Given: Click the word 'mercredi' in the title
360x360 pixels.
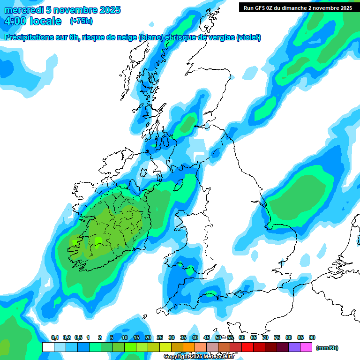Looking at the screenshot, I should pyautogui.click(x=24, y=10).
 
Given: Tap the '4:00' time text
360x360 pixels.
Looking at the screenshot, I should pyautogui.click(x=15, y=21).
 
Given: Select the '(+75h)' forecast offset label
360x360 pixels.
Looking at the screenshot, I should pyautogui.click(x=81, y=21).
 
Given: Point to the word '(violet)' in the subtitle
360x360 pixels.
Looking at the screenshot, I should pyautogui.click(x=248, y=37).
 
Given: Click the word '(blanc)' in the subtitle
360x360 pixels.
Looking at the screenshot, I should pyautogui.click(x=151, y=37).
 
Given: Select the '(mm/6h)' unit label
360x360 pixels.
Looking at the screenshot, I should pyautogui.click(x=327, y=348).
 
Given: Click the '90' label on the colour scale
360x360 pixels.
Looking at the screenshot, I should pyautogui.click(x=312, y=337).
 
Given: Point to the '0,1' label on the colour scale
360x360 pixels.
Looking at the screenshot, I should pyautogui.click(x=54, y=337).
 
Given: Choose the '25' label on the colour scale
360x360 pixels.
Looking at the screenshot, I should pyautogui.click(x=160, y=337).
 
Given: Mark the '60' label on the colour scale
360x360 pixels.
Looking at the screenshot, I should pyautogui.click(x=242, y=337).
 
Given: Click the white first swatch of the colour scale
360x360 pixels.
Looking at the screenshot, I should pyautogui.click(x=48, y=347).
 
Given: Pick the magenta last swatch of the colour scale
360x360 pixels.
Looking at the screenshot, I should pyautogui.click(x=306, y=347).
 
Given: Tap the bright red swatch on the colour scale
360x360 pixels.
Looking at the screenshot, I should pyautogui.click(x=247, y=347).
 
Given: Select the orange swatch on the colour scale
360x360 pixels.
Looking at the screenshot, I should pyautogui.click(x=189, y=347).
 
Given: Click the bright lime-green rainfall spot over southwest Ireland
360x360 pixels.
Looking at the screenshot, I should pyautogui.click(x=98, y=240).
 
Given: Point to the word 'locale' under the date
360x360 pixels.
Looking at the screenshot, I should pyautogui.click(x=45, y=21).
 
